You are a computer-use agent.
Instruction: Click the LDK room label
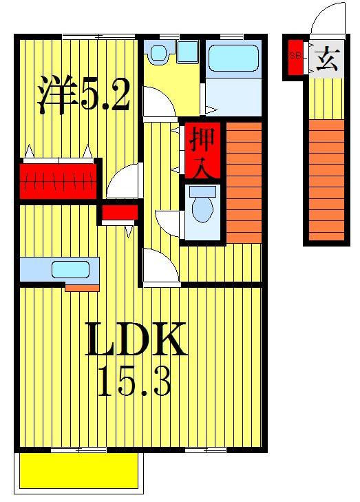point(136,339)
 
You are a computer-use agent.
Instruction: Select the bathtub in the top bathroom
point(233,56)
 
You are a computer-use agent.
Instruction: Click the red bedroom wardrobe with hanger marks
point(58,181)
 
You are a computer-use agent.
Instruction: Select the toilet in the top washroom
point(160,52)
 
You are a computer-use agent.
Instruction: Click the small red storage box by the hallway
point(118,213)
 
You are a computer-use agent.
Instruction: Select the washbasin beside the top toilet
point(187,51)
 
